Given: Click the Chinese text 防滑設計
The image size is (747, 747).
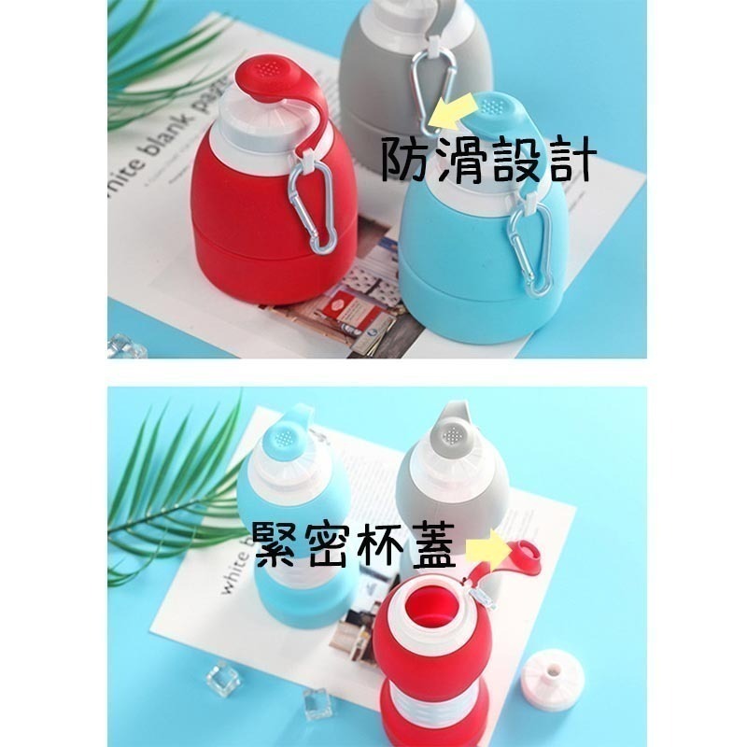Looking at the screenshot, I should (x=487, y=161).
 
